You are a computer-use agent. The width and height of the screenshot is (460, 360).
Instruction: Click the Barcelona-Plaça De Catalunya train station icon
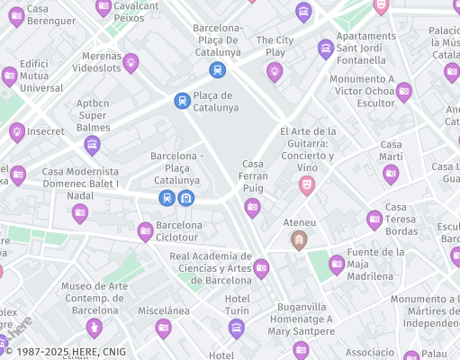[217, 69]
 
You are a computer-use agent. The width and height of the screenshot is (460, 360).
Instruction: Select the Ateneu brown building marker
[299, 239]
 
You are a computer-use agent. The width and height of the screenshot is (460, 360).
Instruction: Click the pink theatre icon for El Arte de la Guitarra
[307, 185]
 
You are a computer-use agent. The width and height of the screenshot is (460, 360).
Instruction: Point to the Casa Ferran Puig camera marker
[252, 208]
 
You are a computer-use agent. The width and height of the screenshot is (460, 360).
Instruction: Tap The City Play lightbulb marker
[275, 71]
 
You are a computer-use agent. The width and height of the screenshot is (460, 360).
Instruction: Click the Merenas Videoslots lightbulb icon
[131, 63]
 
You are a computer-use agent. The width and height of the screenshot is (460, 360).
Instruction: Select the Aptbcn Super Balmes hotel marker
[92, 144]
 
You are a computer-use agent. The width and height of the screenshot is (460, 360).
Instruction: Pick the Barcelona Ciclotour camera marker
[145, 231]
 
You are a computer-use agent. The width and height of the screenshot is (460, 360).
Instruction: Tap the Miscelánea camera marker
[163, 328]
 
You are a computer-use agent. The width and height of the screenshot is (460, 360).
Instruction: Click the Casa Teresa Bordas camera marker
[374, 219]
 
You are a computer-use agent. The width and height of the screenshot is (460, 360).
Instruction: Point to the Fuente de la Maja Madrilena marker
[337, 264]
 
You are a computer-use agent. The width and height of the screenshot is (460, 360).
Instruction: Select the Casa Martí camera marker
[391, 174]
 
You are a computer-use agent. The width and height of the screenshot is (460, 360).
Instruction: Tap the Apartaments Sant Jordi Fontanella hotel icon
[326, 49]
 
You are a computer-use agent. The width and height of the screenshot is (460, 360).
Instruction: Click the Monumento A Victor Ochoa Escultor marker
[404, 91]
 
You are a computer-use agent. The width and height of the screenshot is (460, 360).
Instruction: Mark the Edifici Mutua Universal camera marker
[10, 76]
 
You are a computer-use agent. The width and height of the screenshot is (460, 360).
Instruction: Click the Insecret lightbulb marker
[16, 131]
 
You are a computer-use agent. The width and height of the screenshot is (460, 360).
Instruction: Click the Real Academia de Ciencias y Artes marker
[261, 267]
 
